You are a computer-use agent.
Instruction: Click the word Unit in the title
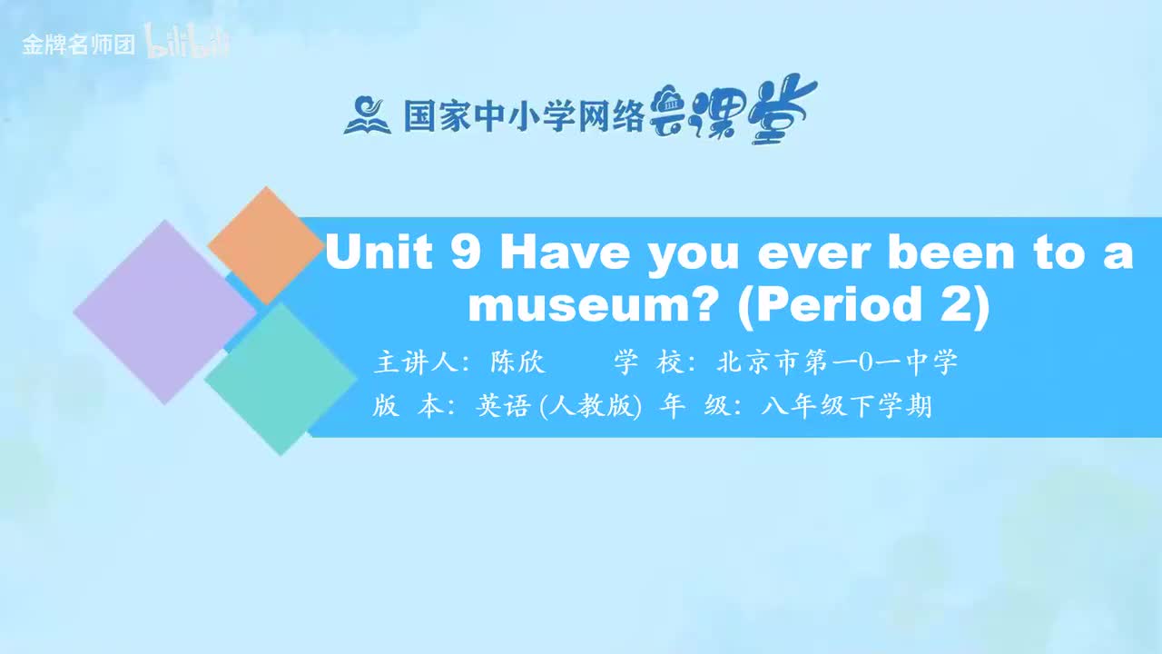(379, 252)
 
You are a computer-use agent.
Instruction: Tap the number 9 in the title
(465, 252)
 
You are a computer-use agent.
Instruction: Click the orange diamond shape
(265, 245)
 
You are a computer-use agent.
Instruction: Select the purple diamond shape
(164, 312)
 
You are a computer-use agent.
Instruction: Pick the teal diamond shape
(281, 379)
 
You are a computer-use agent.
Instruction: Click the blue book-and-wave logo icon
(367, 115)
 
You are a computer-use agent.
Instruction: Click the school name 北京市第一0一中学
(837, 362)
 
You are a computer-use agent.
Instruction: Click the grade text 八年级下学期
(847, 406)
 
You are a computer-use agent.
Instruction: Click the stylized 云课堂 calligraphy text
(734, 111)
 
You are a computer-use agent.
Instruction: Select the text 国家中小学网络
(524, 116)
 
